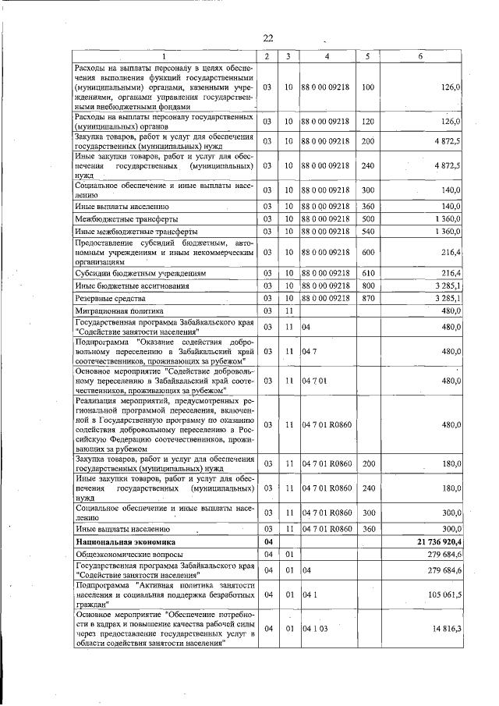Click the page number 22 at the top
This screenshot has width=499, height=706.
(x=267, y=38)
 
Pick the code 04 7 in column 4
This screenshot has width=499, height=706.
(x=310, y=352)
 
